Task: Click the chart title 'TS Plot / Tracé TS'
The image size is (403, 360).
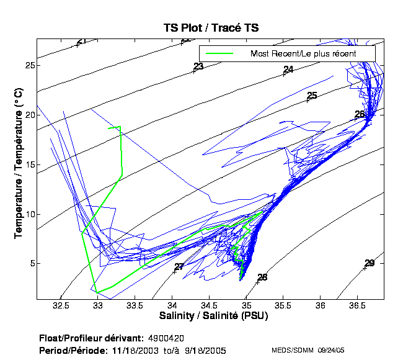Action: [x=211, y=27]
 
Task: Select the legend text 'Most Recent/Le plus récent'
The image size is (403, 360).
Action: [x=303, y=53]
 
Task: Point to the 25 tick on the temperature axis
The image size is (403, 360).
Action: [x=29, y=65]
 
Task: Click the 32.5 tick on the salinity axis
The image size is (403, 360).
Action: [x=61, y=306]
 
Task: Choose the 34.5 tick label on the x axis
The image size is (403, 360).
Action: [x=210, y=306]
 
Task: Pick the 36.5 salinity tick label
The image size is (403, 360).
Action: [x=358, y=306]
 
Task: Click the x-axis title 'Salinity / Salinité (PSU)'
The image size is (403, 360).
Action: [x=210, y=316]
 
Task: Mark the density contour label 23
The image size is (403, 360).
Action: [x=198, y=66]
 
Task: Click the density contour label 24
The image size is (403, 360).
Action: [x=288, y=70]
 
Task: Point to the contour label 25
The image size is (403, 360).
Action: [x=312, y=96]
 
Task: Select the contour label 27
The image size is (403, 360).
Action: [x=179, y=267]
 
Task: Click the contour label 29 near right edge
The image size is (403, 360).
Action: [x=370, y=263]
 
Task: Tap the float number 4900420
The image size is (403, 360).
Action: [x=166, y=338]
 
